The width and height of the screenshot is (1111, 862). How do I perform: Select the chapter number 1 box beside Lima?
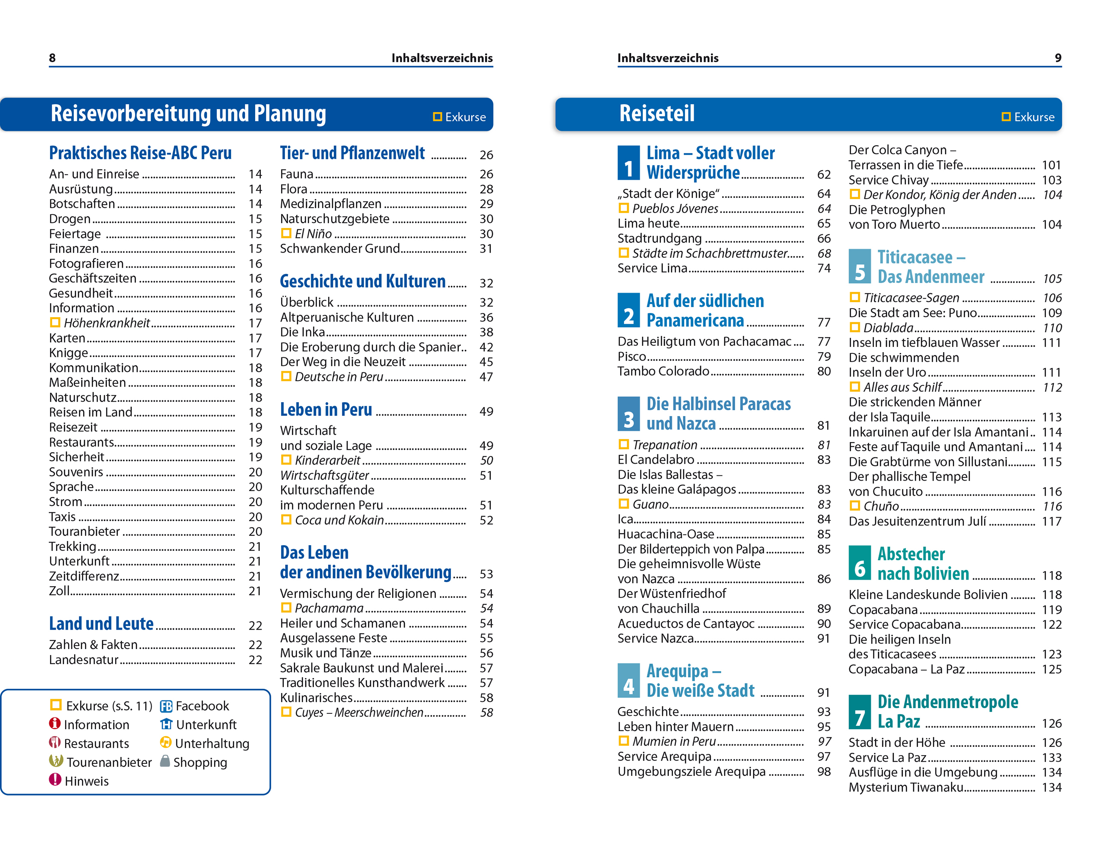[628, 163]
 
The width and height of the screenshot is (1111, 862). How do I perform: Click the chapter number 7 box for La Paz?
[859, 712]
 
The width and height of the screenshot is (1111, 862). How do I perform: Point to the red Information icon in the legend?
[55, 724]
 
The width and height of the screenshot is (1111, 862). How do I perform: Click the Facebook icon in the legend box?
[166, 706]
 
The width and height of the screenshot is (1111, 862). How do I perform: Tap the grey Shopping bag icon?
[165, 761]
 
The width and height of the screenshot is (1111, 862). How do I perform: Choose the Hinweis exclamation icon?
[55, 780]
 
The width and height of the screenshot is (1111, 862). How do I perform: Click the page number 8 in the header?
[52, 58]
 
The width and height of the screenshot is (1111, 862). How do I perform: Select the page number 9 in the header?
[1058, 58]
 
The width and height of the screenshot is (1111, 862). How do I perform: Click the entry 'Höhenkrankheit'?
[107, 323]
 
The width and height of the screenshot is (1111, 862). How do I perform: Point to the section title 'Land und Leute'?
[101, 624]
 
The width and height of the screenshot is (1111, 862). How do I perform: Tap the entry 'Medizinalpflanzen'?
[331, 204]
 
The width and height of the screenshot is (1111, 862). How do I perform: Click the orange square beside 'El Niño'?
[286, 234]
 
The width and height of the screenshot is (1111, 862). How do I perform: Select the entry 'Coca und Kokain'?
[339, 520]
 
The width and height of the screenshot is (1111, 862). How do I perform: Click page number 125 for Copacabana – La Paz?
[1051, 669]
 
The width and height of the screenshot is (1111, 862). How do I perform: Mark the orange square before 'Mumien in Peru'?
[624, 740]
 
